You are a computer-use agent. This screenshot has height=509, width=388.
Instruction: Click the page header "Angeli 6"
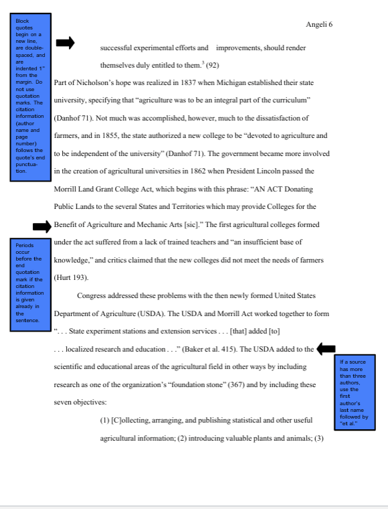pyautogui.click(x=319, y=24)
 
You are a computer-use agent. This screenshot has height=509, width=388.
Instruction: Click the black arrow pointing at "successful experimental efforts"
pyautogui.click(x=65, y=43)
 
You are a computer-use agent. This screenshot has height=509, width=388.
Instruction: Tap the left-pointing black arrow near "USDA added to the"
pyautogui.click(x=326, y=348)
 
